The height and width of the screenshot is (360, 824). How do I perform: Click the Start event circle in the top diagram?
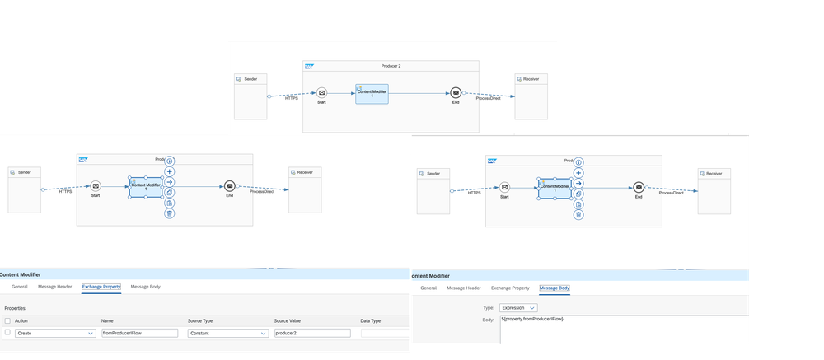(x=322, y=94)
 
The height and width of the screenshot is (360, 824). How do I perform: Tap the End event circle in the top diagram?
(x=456, y=94)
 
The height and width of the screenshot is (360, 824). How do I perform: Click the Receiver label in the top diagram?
(x=531, y=78)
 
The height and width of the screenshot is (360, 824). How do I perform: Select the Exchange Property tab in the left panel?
(x=101, y=287)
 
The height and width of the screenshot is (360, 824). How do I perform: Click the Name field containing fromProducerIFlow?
(x=139, y=333)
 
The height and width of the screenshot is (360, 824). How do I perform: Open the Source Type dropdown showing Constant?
(x=227, y=333)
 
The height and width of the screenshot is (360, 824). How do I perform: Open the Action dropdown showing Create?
(x=56, y=333)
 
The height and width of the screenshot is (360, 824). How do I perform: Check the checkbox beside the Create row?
(x=7, y=333)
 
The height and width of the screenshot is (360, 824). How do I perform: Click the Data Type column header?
(x=371, y=320)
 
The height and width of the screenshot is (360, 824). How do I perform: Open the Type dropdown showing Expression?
(x=520, y=306)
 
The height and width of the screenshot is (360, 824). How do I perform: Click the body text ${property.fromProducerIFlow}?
(x=532, y=318)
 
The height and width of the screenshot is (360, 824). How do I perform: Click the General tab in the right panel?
(x=428, y=288)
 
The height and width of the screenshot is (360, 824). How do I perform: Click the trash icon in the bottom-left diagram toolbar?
(x=169, y=213)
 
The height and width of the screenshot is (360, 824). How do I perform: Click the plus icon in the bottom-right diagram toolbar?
(x=578, y=173)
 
